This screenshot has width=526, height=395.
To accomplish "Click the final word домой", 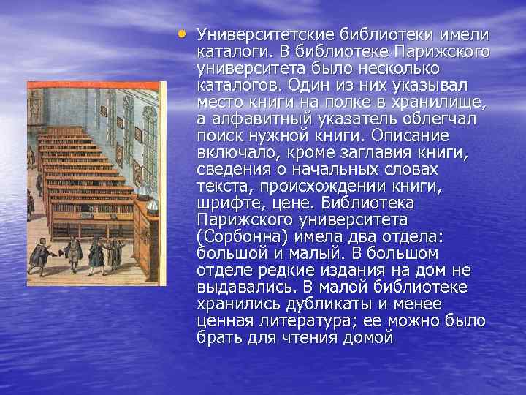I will point(367,337).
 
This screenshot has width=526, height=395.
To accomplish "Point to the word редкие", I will point(278,270).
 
